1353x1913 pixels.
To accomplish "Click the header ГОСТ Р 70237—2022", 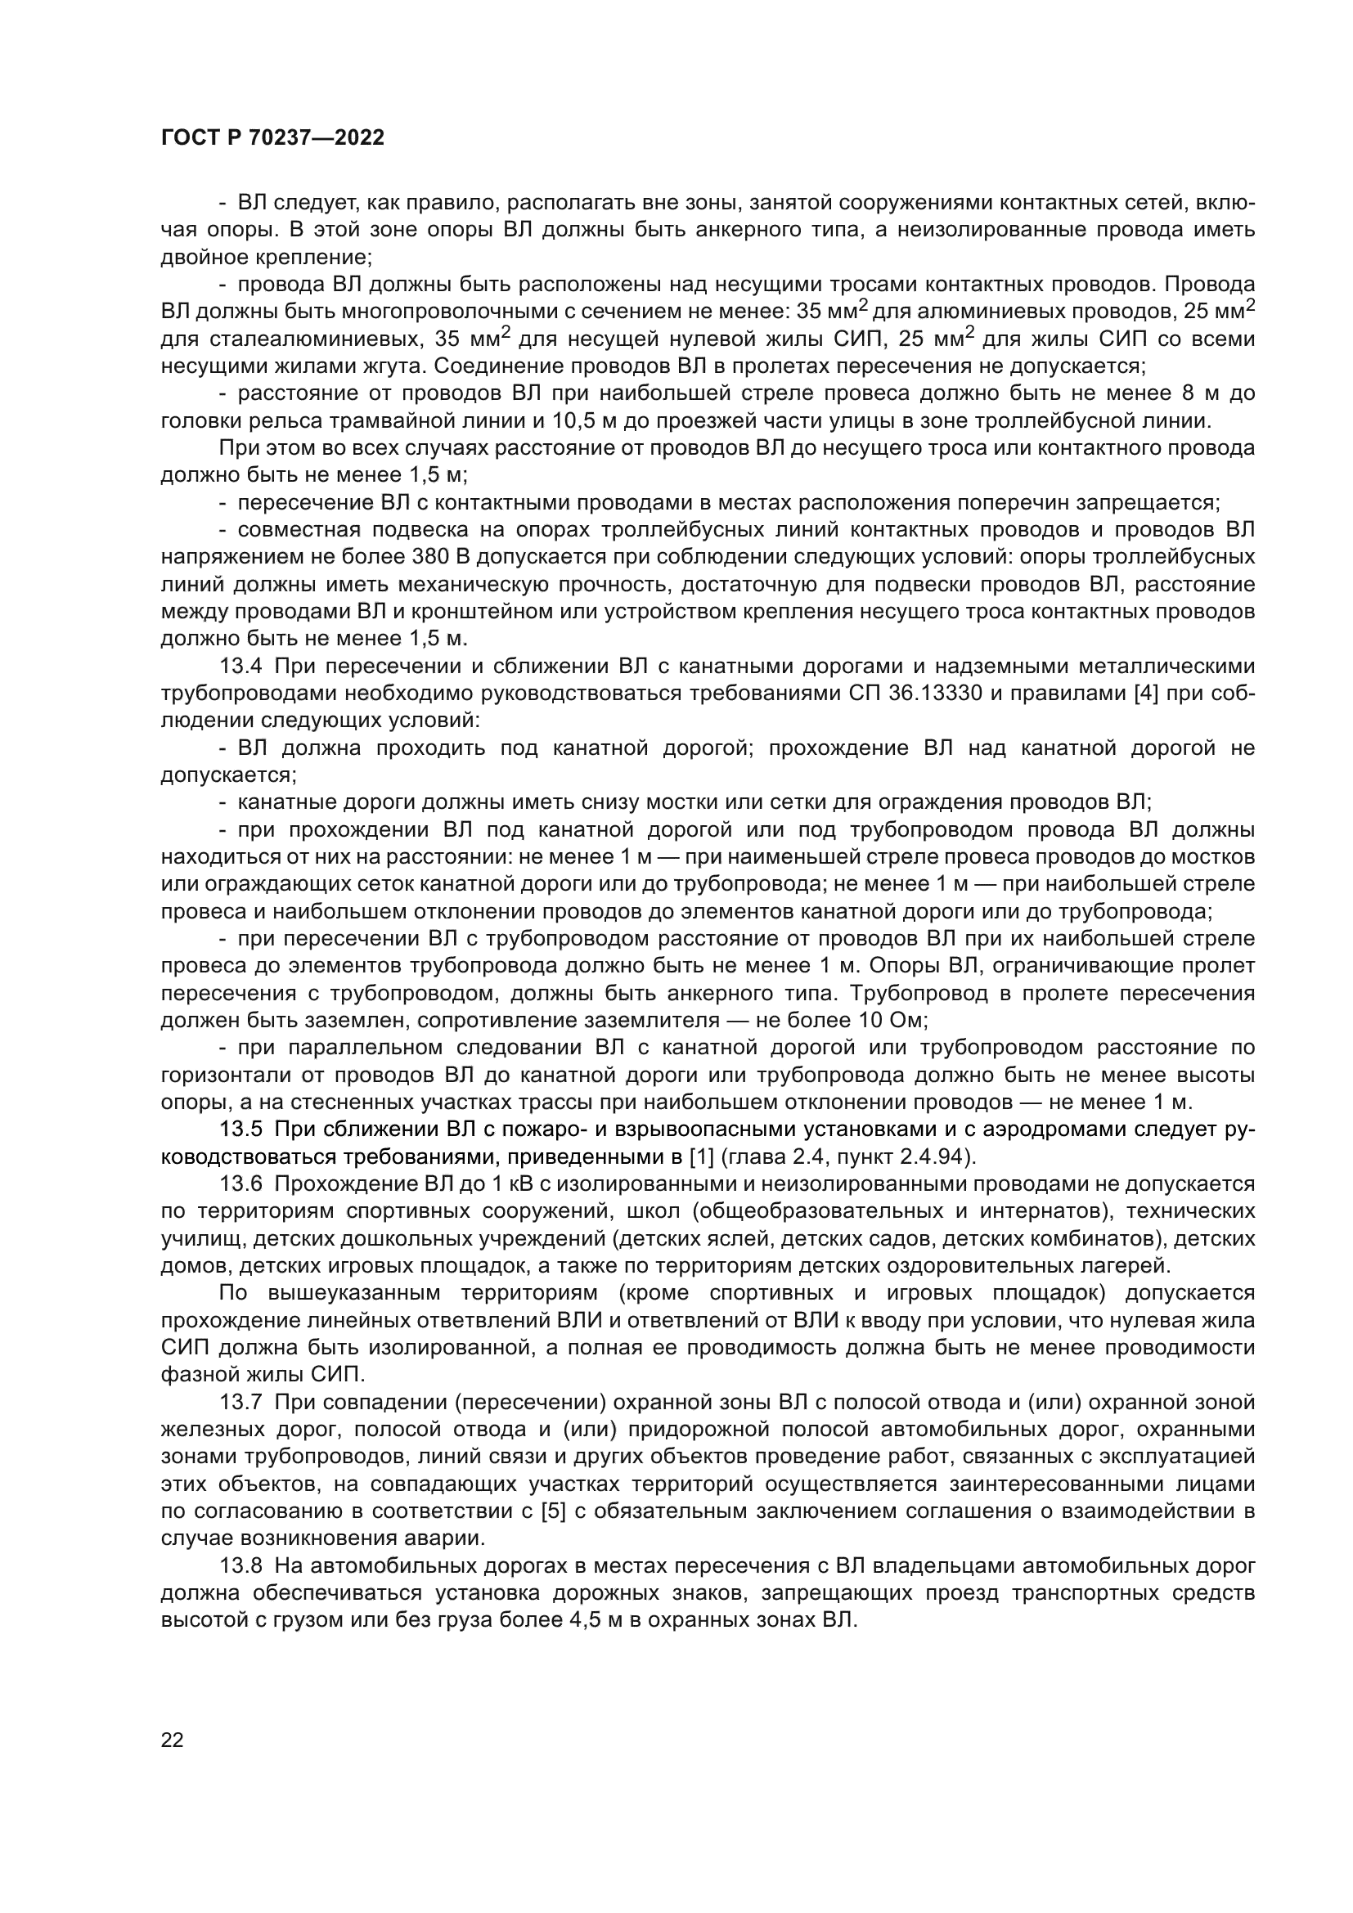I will click(x=272, y=138).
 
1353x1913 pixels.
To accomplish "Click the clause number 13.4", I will click(x=240, y=667).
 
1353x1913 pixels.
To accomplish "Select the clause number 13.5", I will click(x=240, y=1129).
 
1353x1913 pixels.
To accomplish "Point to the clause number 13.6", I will click(x=240, y=1184).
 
